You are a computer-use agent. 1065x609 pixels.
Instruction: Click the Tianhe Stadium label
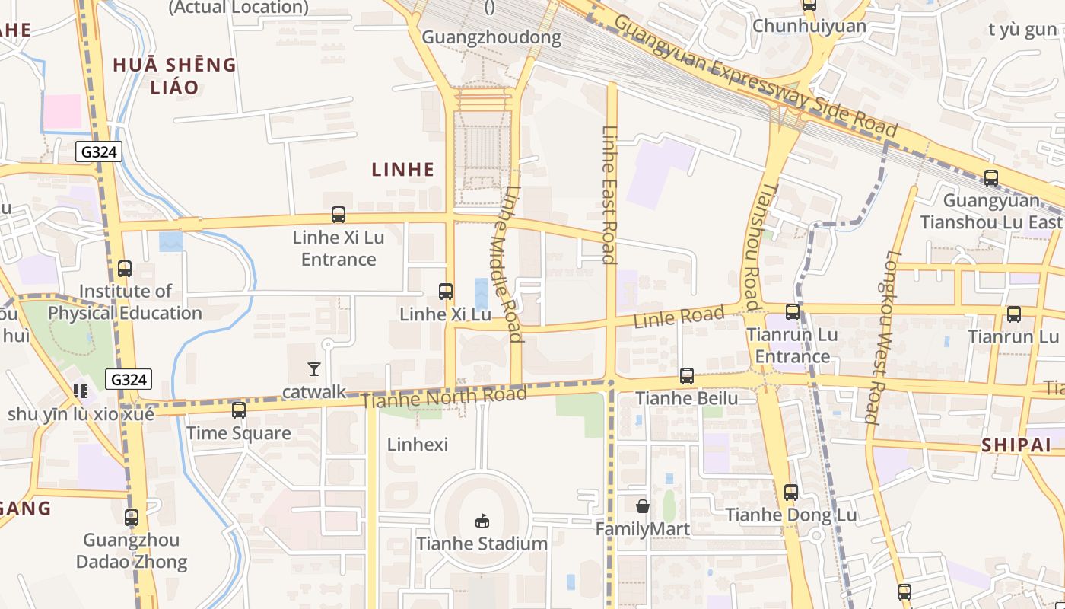click(x=482, y=544)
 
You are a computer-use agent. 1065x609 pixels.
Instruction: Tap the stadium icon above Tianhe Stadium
click(x=482, y=521)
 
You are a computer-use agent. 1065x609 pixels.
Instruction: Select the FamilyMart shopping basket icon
click(x=643, y=505)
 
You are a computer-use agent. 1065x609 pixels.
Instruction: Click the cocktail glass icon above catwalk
click(x=313, y=369)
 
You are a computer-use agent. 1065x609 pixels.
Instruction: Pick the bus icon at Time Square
click(x=239, y=410)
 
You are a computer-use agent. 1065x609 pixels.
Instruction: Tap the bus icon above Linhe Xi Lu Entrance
click(x=339, y=215)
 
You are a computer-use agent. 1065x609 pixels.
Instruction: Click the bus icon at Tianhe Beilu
click(x=687, y=375)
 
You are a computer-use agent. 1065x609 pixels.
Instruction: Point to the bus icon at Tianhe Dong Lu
click(x=791, y=492)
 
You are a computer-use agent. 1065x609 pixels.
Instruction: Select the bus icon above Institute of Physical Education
click(x=125, y=268)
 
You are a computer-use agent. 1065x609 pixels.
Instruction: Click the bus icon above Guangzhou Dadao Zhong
click(x=132, y=518)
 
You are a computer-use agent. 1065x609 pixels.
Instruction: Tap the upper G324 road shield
click(x=99, y=151)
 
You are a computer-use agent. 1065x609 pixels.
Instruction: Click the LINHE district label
click(x=403, y=169)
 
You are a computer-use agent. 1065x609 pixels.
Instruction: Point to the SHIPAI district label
click(x=1016, y=445)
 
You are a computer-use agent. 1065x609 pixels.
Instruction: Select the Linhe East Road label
click(x=609, y=194)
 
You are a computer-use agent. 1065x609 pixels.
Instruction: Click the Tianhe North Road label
click(x=444, y=397)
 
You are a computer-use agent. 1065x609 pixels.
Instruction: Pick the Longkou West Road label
click(x=883, y=336)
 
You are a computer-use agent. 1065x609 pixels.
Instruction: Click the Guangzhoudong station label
click(x=491, y=37)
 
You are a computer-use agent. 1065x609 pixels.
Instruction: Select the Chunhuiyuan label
click(x=809, y=26)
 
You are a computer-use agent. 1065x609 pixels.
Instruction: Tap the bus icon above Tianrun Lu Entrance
click(x=793, y=311)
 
